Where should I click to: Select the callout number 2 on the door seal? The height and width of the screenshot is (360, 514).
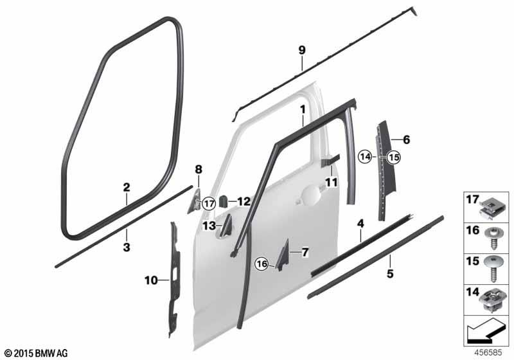pyautogui.click(x=127, y=188)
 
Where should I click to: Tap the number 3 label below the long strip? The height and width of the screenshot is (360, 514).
pyautogui.click(x=127, y=247)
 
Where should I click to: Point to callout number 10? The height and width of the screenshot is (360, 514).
pyautogui.click(x=150, y=280)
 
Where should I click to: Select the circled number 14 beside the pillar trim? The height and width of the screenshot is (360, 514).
pyautogui.click(x=365, y=156)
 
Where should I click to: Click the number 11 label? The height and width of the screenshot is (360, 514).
pyautogui.click(x=331, y=182)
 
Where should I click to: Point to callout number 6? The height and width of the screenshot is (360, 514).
pyautogui.click(x=406, y=139)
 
